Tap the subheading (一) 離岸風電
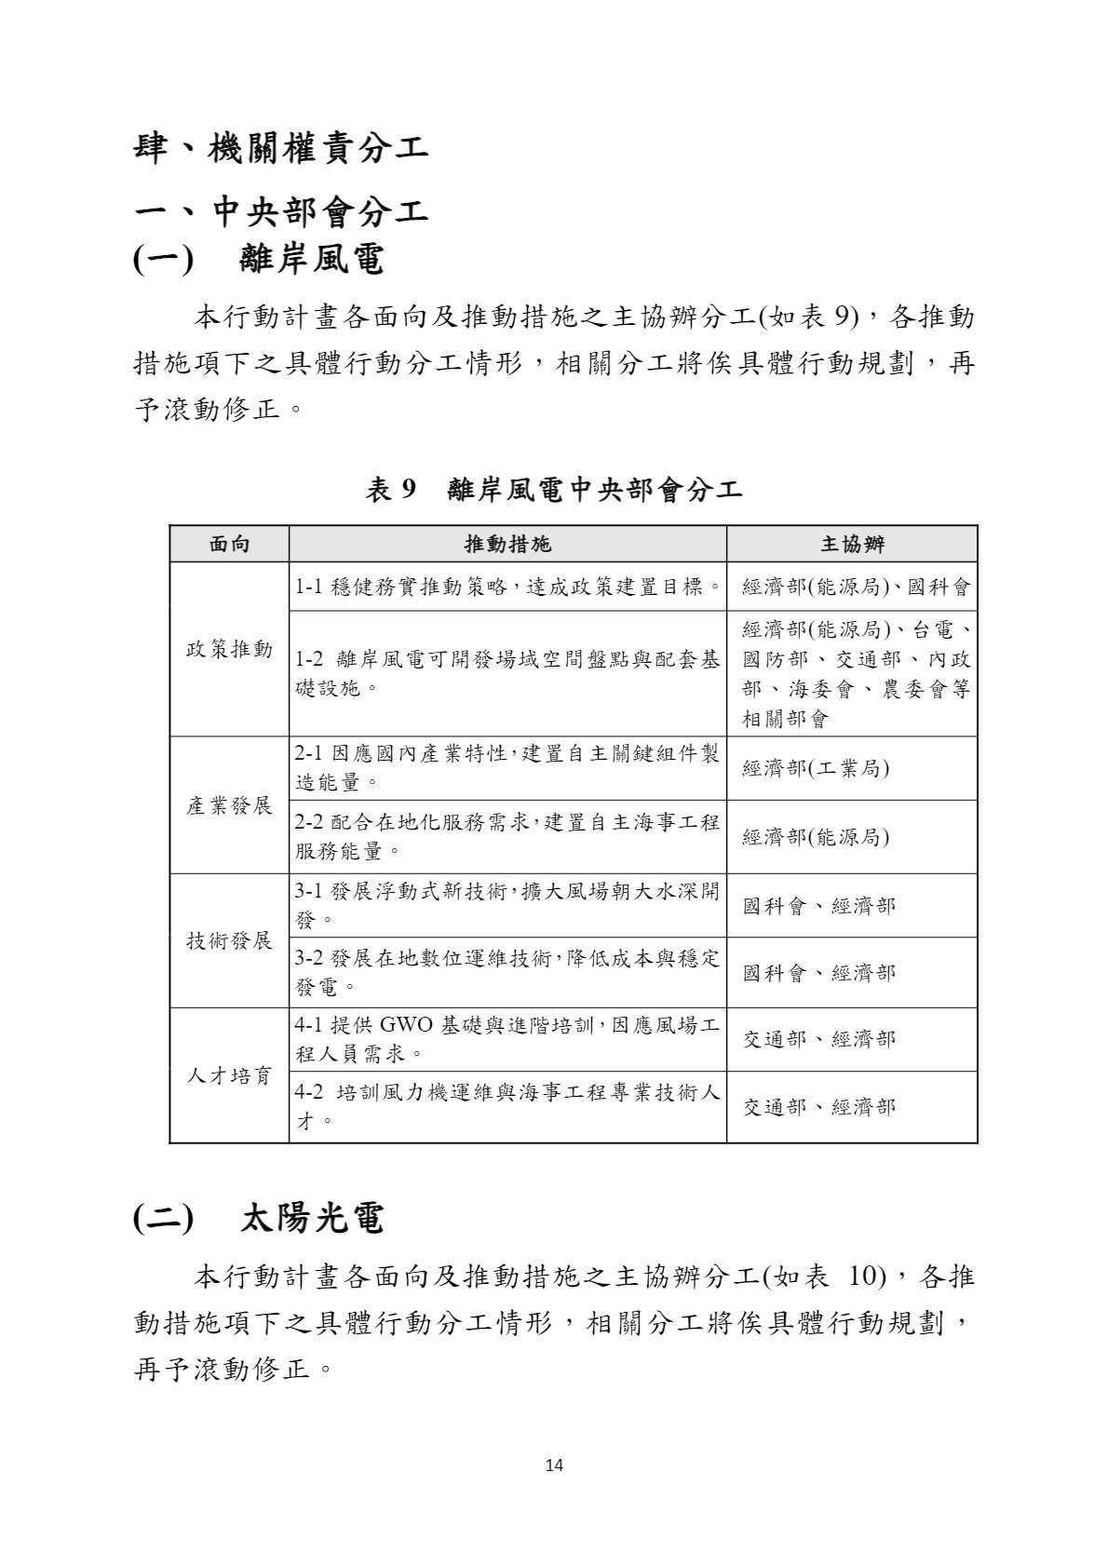[x=259, y=260]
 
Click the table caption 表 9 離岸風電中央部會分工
[x=553, y=489]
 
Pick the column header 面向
[x=229, y=544]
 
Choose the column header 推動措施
[x=507, y=544]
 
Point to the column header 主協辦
[x=851, y=544]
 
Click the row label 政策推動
[x=229, y=649]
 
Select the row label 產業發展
[x=229, y=805]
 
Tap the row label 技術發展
[x=229, y=940]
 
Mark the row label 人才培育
[x=229, y=1075]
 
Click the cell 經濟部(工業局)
[x=816, y=769]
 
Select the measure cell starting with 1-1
[x=507, y=587]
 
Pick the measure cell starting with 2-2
[x=507, y=836]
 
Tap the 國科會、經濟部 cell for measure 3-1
[x=819, y=905]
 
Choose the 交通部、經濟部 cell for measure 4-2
[x=819, y=1107]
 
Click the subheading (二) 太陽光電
[x=259, y=1218]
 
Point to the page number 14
[x=554, y=1466]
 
